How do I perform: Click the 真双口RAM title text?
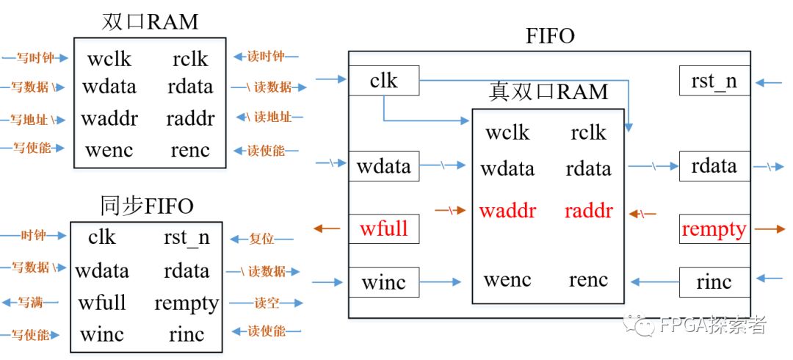tap(548, 92)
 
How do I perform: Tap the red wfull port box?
tap(383, 228)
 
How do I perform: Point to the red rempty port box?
tap(714, 229)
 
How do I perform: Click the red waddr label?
tap(507, 212)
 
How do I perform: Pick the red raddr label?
tap(589, 212)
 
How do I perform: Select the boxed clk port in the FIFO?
tap(383, 80)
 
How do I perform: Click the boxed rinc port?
tap(714, 282)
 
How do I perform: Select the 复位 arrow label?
tap(261, 239)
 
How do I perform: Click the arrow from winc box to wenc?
tap(441, 281)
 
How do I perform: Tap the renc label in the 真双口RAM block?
tap(588, 280)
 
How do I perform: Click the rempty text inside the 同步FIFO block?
tap(187, 303)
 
